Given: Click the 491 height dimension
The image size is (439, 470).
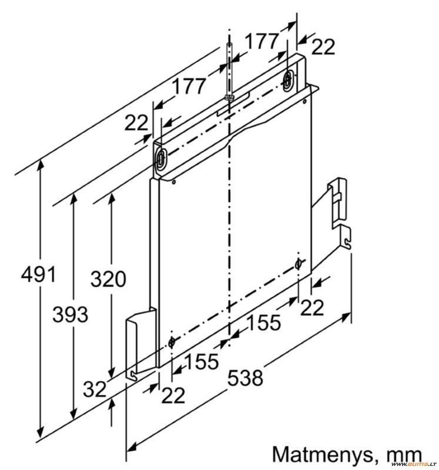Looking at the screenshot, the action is [38, 274].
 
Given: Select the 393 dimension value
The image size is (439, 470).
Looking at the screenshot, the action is [70, 315].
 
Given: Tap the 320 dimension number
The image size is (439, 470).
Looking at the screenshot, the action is [108, 279].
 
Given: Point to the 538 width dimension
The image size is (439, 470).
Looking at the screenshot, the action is [245, 378].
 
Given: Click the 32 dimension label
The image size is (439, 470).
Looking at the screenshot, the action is [95, 390].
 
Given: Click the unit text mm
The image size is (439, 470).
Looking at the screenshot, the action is [404, 456].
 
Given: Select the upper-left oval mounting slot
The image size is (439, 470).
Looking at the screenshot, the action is [161, 157].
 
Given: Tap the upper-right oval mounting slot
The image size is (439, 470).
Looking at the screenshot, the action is [287, 79].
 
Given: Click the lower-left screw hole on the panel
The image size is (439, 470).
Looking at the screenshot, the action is [172, 342].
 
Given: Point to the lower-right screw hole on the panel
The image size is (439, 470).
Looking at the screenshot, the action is [298, 264].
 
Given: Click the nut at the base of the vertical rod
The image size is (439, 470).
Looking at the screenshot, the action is [229, 97].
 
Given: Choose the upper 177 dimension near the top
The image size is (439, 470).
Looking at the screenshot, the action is [262, 41].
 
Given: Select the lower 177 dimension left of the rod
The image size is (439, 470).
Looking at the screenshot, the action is [189, 86].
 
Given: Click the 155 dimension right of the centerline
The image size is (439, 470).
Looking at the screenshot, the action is [264, 322].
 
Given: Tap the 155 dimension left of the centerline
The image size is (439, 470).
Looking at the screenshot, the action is [202, 361].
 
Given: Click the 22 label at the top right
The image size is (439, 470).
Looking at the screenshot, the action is [323, 47].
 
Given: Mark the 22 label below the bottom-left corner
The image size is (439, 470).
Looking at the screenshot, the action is [173, 395].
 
